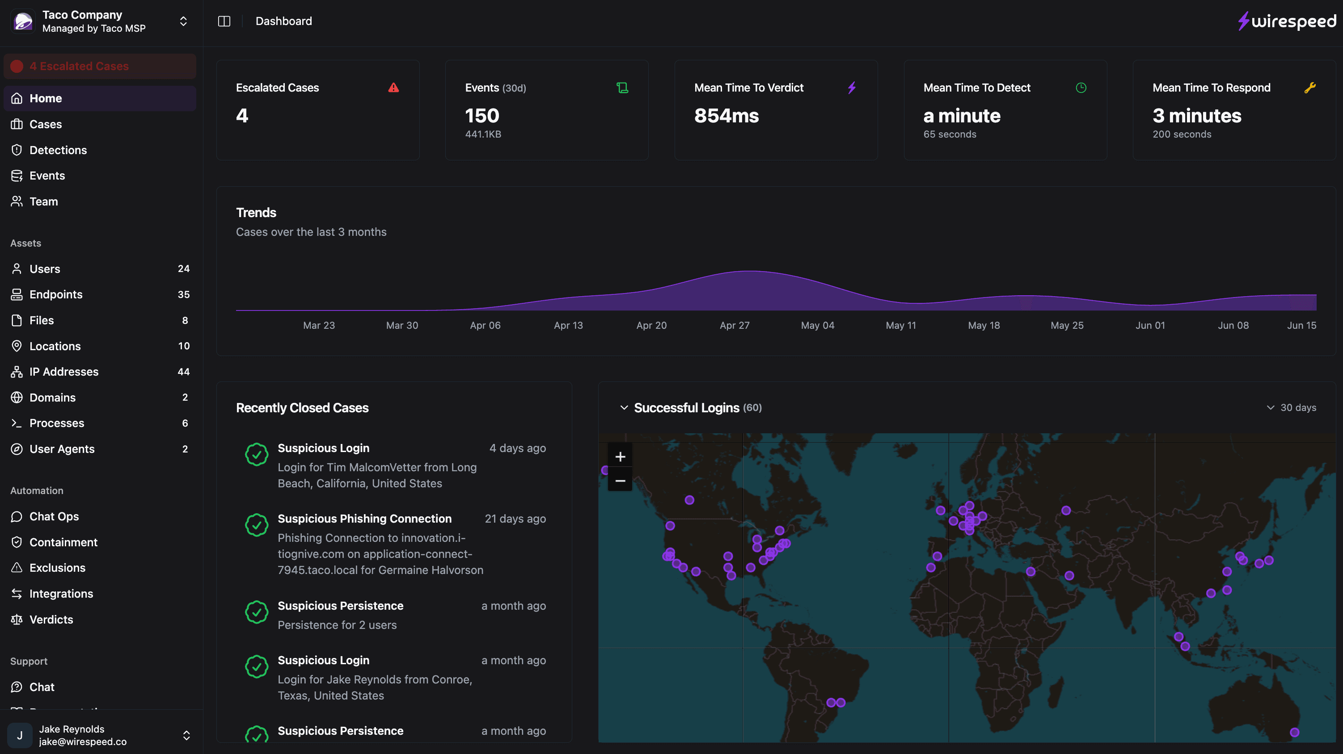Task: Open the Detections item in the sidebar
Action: coord(58,150)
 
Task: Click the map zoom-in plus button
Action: coord(620,457)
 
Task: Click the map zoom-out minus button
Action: coord(620,481)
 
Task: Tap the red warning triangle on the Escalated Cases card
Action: coord(393,88)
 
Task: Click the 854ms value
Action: coord(726,116)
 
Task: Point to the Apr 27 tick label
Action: coord(734,325)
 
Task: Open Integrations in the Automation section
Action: coord(61,594)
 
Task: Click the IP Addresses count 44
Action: coord(183,372)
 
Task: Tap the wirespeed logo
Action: coord(1287,21)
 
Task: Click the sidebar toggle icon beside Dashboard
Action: coord(224,21)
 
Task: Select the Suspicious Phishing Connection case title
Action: coord(364,519)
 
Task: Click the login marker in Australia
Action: coord(1294,732)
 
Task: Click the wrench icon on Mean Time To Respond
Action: coord(1309,88)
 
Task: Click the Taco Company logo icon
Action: coord(23,21)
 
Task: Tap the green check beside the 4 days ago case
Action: coord(257,454)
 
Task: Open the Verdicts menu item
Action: coord(51,620)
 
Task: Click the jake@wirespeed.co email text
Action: coord(82,741)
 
